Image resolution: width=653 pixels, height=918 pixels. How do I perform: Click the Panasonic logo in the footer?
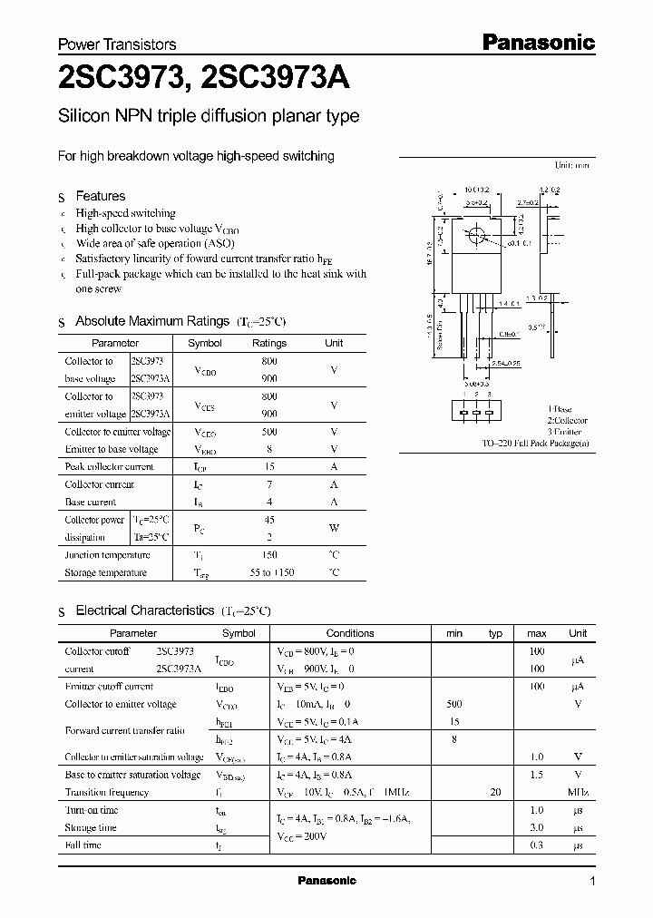point(327,881)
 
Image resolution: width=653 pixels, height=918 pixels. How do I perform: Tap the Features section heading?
point(100,196)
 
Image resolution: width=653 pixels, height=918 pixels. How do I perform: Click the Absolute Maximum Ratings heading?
point(151,321)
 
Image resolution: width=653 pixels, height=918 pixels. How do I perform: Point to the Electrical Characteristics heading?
point(144,611)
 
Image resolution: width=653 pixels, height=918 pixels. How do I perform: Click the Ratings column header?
point(268,343)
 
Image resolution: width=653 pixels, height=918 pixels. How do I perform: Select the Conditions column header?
point(349,633)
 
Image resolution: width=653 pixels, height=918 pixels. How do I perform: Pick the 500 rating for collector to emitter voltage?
point(269,432)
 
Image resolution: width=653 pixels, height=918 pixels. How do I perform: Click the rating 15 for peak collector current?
point(269,467)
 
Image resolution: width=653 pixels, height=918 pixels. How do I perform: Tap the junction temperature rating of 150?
point(269,555)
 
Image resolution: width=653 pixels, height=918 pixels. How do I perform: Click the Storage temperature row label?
point(105,573)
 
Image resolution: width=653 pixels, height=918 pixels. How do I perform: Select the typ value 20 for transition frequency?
point(495,792)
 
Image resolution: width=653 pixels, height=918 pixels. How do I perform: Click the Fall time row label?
point(83,845)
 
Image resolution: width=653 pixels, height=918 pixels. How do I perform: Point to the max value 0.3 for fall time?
point(536,845)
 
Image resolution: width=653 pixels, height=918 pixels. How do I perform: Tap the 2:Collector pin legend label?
point(567,421)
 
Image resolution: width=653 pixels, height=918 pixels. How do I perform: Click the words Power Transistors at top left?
point(117,44)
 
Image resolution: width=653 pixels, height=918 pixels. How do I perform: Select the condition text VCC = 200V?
point(301,836)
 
